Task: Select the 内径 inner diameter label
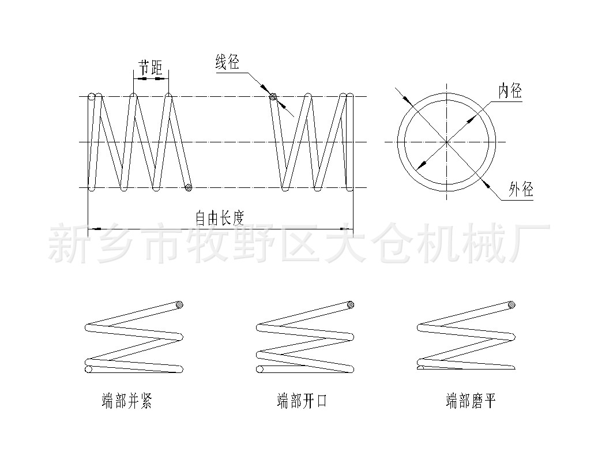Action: pyautogui.click(x=510, y=91)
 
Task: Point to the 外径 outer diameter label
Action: pyautogui.click(x=521, y=189)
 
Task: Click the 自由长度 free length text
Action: pyautogui.click(x=220, y=218)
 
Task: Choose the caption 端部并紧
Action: pyautogui.click(x=126, y=401)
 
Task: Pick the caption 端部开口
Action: pyautogui.click(x=302, y=401)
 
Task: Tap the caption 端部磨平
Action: pyautogui.click(x=471, y=401)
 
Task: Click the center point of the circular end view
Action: pyautogui.click(x=446, y=142)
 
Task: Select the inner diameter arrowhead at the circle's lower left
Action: pyautogui.click(x=422, y=164)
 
